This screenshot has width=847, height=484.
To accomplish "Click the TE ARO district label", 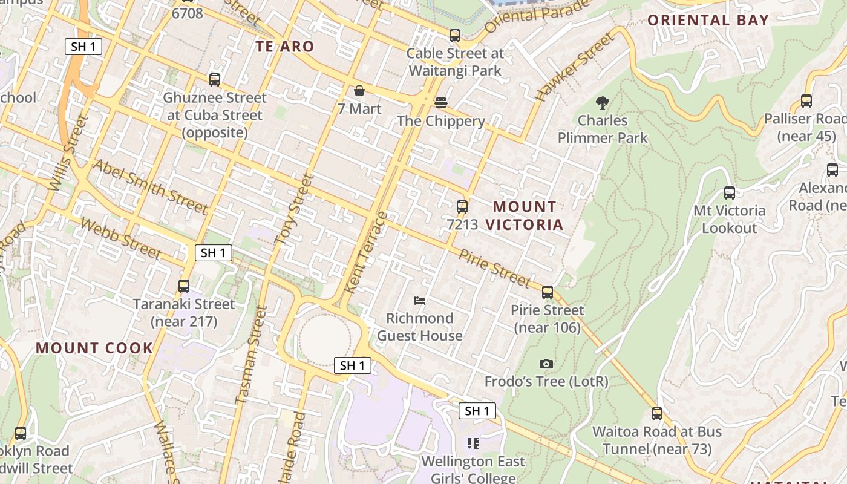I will pyautogui.click(x=284, y=47).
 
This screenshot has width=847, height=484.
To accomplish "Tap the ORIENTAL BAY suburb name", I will pyautogui.click(x=708, y=20).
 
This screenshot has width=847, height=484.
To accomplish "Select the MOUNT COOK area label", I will pyautogui.click(x=94, y=348).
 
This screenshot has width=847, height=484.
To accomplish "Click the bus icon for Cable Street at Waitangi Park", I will pyautogui.click(x=455, y=36).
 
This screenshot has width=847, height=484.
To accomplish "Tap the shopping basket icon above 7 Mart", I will pyautogui.click(x=359, y=91).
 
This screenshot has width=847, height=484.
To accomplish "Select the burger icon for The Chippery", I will pyautogui.click(x=441, y=103).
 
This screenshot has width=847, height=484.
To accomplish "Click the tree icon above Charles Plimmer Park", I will pyautogui.click(x=602, y=102).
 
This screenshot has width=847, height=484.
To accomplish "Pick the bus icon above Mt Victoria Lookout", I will pyautogui.click(x=730, y=193).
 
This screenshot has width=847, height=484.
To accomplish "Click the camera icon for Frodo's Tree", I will pyautogui.click(x=546, y=364).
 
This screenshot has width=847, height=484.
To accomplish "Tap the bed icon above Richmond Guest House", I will pyautogui.click(x=420, y=300).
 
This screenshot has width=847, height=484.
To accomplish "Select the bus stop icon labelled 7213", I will pyautogui.click(x=462, y=207).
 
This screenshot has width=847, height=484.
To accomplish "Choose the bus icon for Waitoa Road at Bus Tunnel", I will pyautogui.click(x=657, y=414).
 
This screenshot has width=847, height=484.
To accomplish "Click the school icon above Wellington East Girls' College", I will pyautogui.click(x=473, y=443).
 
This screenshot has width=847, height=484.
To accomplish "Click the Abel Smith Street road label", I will pyautogui.click(x=149, y=187).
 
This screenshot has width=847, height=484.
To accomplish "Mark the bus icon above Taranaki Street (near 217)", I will pyautogui.click(x=184, y=286).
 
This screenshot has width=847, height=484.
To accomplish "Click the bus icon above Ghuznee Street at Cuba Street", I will pyautogui.click(x=214, y=80).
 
